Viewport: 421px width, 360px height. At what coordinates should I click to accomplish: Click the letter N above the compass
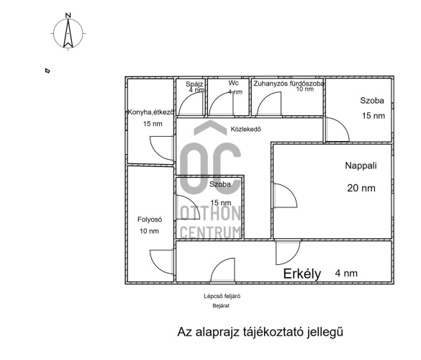68,16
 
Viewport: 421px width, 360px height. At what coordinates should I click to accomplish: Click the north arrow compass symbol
68,34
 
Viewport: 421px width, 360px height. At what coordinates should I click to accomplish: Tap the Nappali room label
361,166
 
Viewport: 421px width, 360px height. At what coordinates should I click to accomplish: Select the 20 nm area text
361,188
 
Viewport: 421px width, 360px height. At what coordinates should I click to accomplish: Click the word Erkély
302,274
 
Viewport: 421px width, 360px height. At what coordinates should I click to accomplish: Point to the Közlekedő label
245,129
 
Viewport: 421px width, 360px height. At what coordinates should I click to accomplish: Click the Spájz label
194,84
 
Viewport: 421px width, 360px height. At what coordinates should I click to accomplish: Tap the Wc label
233,83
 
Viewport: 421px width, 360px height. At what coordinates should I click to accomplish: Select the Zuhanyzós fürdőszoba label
289,84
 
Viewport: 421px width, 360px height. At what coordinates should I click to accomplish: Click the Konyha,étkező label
150,112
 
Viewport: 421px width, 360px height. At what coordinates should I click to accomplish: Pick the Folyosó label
150,220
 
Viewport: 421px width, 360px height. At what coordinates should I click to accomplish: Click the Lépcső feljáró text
222,297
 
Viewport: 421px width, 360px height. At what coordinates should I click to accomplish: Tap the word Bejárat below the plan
221,306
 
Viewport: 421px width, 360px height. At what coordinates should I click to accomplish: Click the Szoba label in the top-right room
372,101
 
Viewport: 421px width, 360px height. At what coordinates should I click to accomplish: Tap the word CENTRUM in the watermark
210,233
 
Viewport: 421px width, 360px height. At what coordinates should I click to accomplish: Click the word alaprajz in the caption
217,333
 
